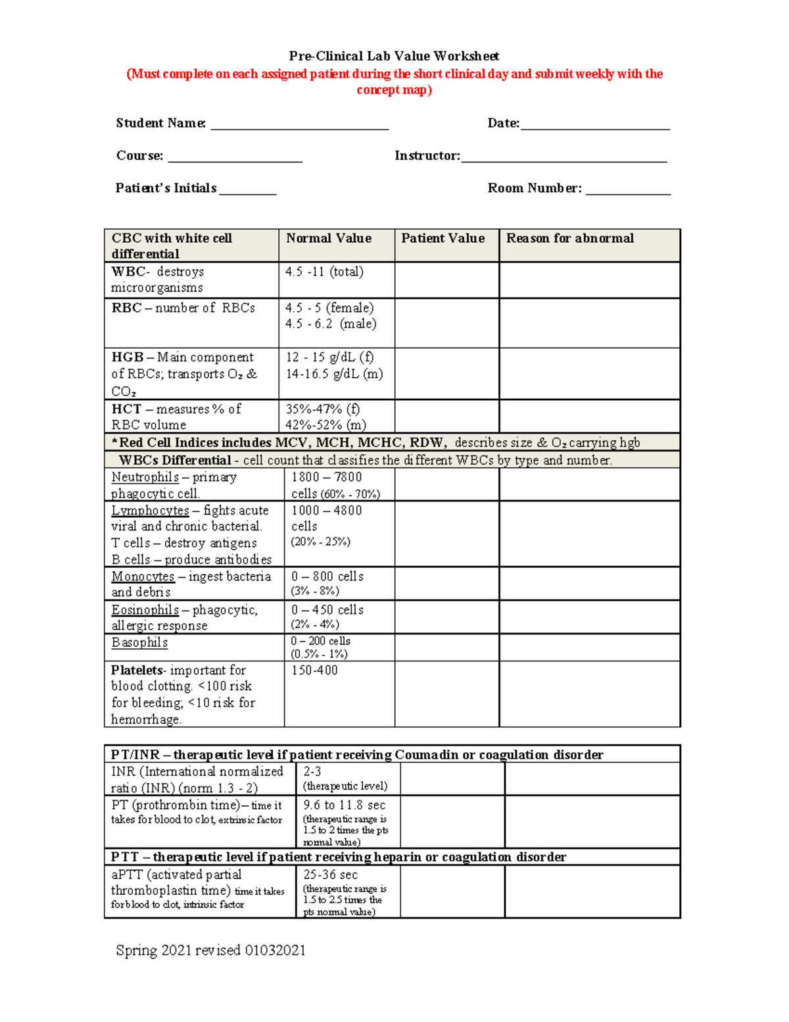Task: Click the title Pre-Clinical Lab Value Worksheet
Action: (x=394, y=57)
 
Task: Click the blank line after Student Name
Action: (x=299, y=125)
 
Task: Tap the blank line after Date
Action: (x=594, y=125)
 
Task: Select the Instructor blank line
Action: (x=563, y=157)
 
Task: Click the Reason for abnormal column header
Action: (x=570, y=238)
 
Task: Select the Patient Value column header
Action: (x=442, y=238)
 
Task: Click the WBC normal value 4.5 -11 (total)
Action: (x=324, y=272)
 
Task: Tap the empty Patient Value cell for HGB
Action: (x=446, y=373)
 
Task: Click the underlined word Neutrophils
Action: (x=145, y=477)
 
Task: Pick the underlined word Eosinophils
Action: (x=145, y=610)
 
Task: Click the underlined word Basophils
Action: (x=139, y=642)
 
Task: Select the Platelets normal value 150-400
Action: (x=314, y=671)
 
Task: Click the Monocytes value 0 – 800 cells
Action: (x=327, y=576)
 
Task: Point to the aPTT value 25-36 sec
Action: (x=331, y=875)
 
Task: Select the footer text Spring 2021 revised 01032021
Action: (x=210, y=950)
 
